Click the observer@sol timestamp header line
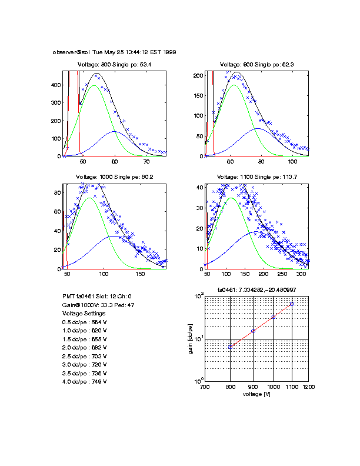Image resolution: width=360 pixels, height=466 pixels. point(114,52)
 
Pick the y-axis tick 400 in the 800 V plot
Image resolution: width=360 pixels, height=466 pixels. point(54,85)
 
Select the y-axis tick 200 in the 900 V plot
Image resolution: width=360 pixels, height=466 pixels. point(198,75)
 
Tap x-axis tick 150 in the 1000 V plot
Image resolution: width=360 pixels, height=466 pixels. point(140,275)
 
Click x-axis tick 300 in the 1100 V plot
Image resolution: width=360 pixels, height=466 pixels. point(301,275)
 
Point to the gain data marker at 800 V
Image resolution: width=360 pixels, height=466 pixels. point(231,347)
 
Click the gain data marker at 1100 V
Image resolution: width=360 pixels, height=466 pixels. point(292,304)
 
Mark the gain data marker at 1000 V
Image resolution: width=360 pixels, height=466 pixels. point(273,317)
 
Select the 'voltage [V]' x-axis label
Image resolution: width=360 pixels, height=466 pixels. point(256,394)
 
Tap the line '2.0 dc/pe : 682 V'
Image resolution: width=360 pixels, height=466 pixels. point(84,348)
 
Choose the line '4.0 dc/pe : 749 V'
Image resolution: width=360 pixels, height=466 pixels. point(84,381)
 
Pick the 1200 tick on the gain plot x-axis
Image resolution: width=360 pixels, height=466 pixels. point(308,388)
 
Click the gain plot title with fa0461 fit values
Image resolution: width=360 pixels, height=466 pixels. point(256,290)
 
